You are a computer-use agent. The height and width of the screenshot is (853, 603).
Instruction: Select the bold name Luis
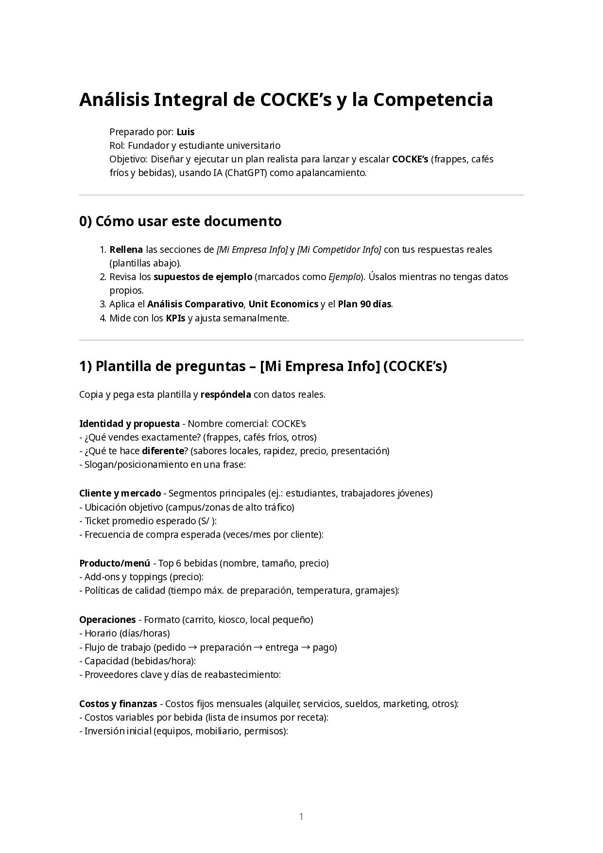tap(186, 132)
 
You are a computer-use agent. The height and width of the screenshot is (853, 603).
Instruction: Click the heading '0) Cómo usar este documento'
tap(180, 221)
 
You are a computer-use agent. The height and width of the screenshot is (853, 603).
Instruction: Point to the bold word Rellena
tap(126, 249)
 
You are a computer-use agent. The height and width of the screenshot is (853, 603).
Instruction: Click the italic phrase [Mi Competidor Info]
tap(339, 249)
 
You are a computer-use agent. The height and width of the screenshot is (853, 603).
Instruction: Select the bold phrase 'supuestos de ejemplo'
tap(203, 277)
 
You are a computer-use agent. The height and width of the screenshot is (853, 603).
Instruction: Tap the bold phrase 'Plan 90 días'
tap(364, 304)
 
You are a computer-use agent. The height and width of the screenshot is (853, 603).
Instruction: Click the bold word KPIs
tap(175, 318)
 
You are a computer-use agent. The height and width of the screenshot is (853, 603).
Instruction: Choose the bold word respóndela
tap(225, 394)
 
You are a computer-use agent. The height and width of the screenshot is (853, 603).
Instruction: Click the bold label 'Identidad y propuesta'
tap(129, 423)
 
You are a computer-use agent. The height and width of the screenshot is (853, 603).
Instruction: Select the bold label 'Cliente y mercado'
tap(120, 493)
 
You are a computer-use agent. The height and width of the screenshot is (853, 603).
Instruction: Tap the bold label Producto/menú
tap(115, 563)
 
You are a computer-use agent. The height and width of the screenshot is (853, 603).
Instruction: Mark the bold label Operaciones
tap(107, 620)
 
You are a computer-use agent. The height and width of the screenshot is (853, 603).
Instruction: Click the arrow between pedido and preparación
tap(193, 647)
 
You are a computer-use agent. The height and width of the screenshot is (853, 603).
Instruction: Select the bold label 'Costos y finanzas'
tap(118, 704)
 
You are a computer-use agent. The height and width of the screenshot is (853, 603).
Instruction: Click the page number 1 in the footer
tap(301, 817)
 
